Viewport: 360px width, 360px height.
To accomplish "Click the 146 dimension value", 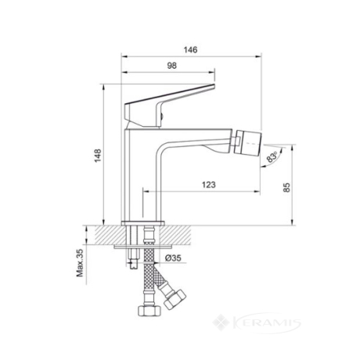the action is coord(191,49).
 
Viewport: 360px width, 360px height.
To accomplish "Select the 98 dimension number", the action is coord(171,66).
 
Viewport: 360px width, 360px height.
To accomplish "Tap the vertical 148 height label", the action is coord(98,156).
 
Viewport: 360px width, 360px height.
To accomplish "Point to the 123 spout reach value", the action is coord(209,185).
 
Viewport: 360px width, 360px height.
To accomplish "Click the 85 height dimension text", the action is coord(286,187).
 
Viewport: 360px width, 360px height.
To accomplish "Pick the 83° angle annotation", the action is coord(272,157).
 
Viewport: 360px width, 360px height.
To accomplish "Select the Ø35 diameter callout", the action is coord(173,258).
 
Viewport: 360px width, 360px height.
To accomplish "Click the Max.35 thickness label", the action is coord(80,263).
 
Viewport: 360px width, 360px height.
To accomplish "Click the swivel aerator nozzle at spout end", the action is coord(248,142).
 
